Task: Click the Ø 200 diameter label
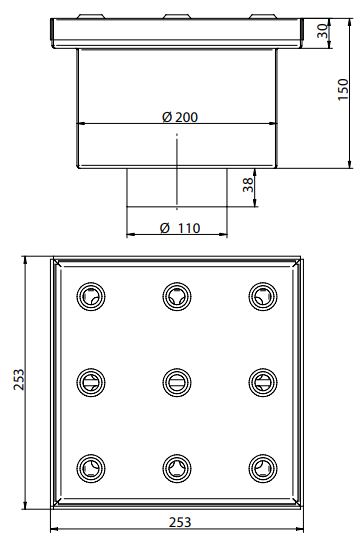point(180,117)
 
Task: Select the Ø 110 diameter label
point(180,228)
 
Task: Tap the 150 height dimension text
point(343,89)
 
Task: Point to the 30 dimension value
point(322,31)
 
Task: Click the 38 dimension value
point(248,185)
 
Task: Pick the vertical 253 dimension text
point(19,380)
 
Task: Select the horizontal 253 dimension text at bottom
point(180,522)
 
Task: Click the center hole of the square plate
point(177,382)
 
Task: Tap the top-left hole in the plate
point(91,296)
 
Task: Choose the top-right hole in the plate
point(263,296)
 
